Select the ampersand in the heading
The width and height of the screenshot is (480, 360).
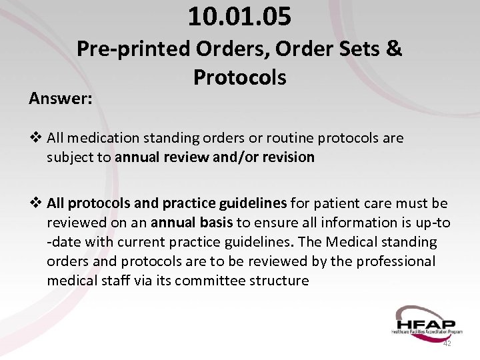pos(394,49)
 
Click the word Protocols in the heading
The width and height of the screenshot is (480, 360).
pos(239,77)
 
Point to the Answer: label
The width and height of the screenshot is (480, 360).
pos(61,99)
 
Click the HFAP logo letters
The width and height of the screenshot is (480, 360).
pos(424,319)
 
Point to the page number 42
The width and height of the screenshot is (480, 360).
pos(447,343)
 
